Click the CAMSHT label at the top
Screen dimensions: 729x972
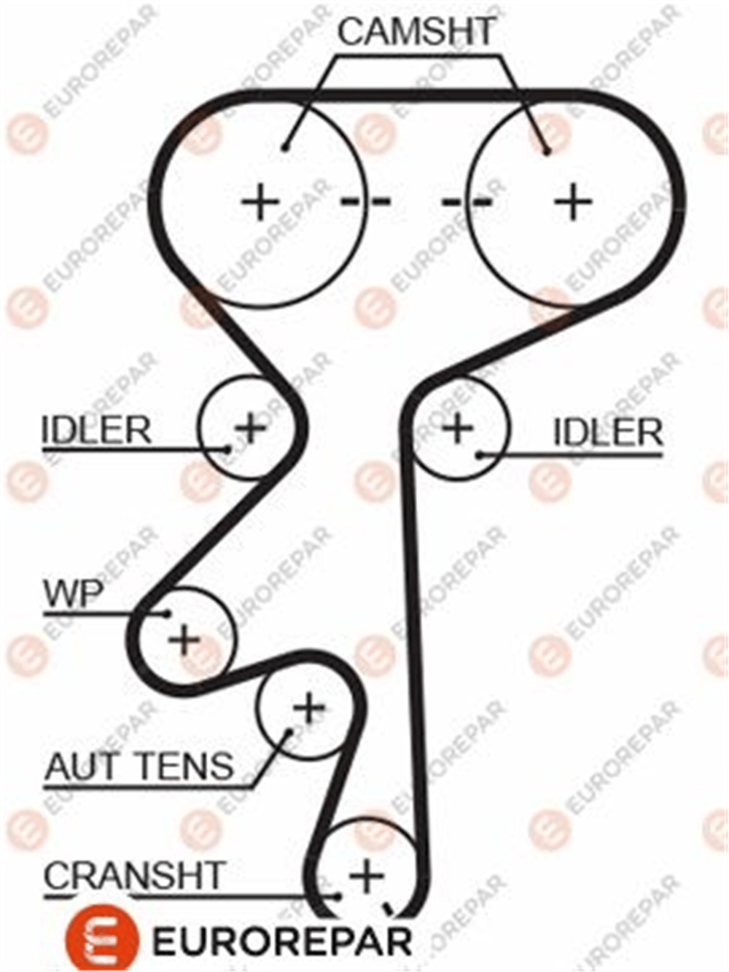[x=416, y=31]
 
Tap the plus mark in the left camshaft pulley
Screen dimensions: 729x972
[x=260, y=202]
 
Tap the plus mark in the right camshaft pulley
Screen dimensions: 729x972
[x=573, y=202]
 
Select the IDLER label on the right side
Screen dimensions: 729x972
[x=609, y=432]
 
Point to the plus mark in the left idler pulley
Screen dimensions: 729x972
[x=251, y=427]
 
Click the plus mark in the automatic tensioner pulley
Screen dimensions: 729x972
[x=309, y=707]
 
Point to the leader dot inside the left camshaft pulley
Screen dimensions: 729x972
[x=286, y=147]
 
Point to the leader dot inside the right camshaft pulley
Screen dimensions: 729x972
[x=547, y=152]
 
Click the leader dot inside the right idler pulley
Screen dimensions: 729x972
[x=480, y=454]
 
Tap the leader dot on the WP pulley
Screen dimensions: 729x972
[x=167, y=613]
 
